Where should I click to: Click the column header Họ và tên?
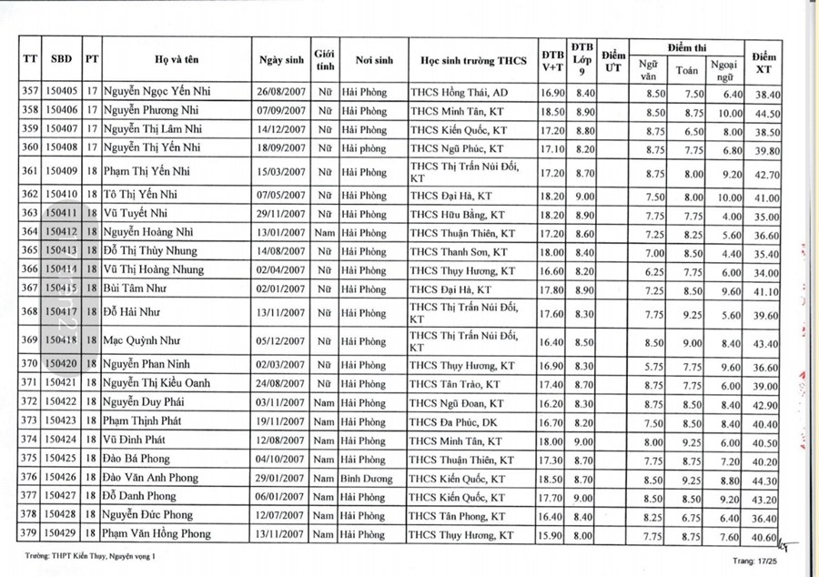pyautogui.click(x=176, y=60)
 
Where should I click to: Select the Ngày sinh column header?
pyautogui.click(x=281, y=60)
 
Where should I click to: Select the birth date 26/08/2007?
pyautogui.click(x=281, y=93)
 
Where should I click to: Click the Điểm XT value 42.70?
pyautogui.click(x=768, y=175)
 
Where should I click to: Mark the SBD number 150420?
pyautogui.click(x=62, y=365)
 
